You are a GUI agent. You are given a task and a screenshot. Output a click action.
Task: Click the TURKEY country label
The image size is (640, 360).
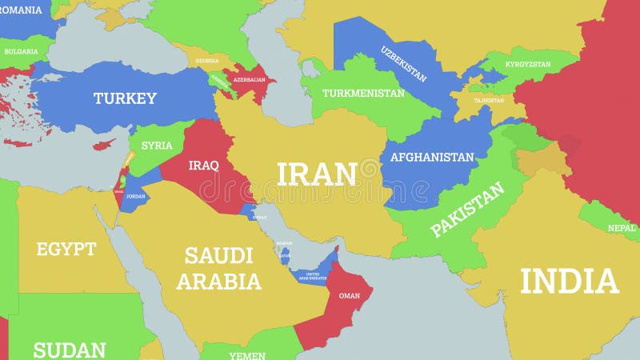pos(125,98)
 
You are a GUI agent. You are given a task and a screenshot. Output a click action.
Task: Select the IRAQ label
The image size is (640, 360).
pos(203,166)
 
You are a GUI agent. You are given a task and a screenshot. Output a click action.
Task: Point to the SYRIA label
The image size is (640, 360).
pos(157,146)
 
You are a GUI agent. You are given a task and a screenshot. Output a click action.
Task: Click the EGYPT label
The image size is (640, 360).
pos(66,249)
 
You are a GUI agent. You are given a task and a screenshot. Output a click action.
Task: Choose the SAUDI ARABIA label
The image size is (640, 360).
pos(219,269)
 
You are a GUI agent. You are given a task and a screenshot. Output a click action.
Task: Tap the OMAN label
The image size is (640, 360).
pos(350,295)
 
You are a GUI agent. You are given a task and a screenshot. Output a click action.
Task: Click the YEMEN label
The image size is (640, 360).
pos(247,355)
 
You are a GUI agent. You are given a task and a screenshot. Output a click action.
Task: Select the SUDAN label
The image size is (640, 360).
pos(69,350)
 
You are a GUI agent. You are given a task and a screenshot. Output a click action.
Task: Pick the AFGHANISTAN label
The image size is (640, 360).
pos(432,157)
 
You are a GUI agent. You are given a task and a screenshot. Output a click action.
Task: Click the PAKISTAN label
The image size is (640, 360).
pos(468,210)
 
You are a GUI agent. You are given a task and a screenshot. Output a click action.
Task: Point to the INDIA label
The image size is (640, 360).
pos(570,282)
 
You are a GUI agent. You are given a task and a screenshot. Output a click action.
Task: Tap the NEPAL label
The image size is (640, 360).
pos(622,227)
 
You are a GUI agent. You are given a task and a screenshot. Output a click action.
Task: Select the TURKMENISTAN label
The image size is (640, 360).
pos(363,93)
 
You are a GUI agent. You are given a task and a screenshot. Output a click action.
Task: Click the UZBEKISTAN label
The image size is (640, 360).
pos(403,62)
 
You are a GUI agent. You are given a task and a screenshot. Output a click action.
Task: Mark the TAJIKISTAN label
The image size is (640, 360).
pos(489,101)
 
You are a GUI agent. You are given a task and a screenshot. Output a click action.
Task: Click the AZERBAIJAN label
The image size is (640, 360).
pos(249,81)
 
